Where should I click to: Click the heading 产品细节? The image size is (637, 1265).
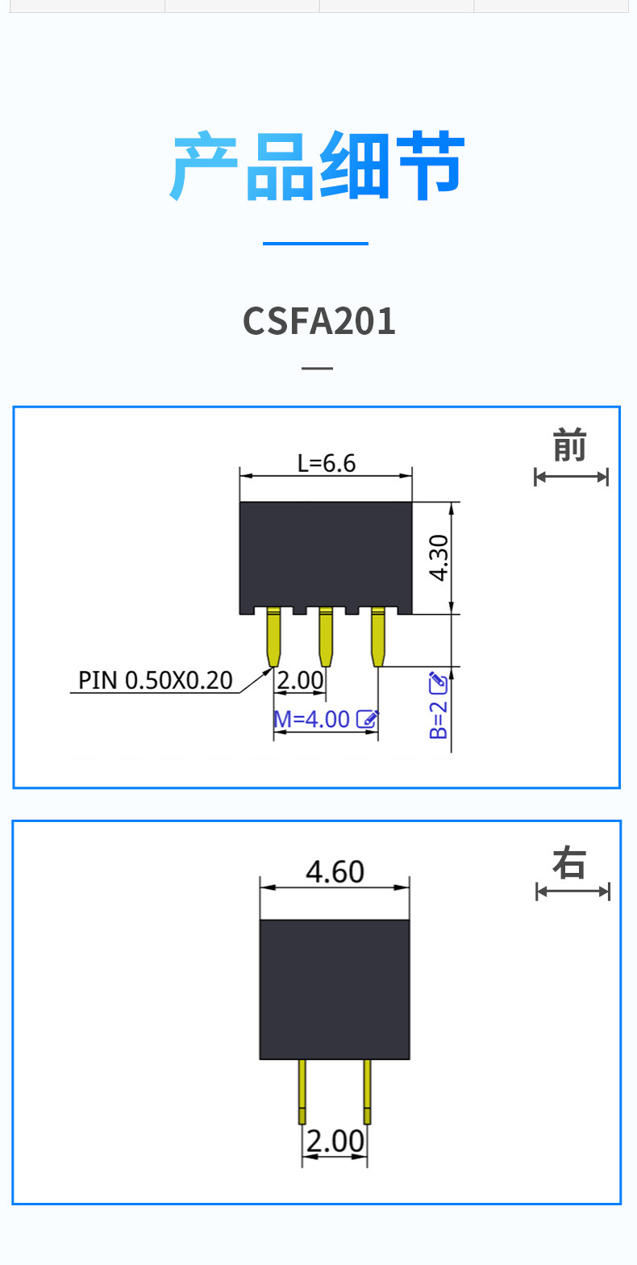(x=318, y=167)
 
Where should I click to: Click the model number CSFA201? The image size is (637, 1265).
(x=319, y=321)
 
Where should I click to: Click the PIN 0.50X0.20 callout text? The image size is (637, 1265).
(x=155, y=681)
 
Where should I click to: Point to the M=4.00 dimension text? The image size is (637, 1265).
(x=312, y=719)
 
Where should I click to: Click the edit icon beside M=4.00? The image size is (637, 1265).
(x=367, y=718)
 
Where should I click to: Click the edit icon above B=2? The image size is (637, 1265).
(x=438, y=683)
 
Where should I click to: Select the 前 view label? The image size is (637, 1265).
(x=569, y=446)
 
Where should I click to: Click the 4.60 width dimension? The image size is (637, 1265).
(x=335, y=872)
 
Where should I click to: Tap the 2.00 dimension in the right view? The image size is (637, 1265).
(x=335, y=1142)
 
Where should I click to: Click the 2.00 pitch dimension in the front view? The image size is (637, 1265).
(x=300, y=681)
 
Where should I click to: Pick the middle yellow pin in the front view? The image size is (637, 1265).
(x=326, y=637)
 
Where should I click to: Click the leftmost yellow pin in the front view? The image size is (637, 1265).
(x=273, y=637)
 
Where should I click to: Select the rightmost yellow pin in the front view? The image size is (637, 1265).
(x=378, y=637)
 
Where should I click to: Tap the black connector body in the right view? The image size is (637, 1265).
(x=335, y=989)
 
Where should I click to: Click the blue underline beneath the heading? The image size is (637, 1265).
(x=315, y=243)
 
